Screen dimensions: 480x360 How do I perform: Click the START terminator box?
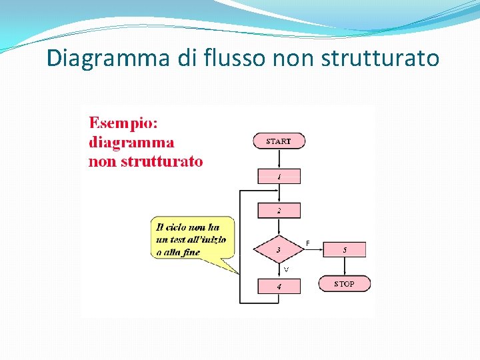pos(279,141)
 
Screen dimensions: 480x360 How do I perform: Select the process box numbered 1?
pos(279,177)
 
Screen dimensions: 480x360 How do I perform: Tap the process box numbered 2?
pos(279,211)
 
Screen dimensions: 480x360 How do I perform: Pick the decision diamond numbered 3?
pos(279,250)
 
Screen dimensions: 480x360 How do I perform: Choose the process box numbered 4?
pos(279,287)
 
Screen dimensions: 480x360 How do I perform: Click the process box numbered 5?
pos(344,250)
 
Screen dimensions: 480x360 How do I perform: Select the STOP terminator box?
pos(344,284)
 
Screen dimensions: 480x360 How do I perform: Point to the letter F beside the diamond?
pos(308,243)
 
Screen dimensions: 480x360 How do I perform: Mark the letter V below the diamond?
pos(286,269)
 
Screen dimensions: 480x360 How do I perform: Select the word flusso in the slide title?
pos(231,59)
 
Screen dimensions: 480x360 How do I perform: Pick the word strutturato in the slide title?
pos(380,59)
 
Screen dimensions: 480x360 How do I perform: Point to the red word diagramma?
pos(131,142)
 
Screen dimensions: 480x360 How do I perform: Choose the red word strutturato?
pos(161,161)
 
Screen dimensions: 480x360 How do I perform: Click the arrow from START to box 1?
pos(279,159)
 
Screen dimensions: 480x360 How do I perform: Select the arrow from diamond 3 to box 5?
pos(313,250)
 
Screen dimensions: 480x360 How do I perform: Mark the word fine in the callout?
pos(189,252)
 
